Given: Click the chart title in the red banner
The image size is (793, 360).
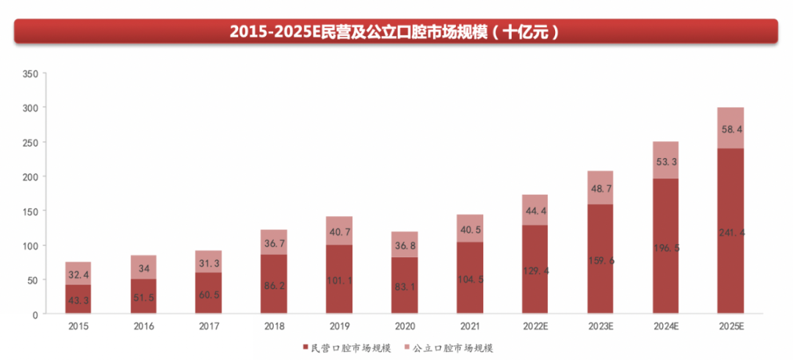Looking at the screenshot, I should (x=396, y=32).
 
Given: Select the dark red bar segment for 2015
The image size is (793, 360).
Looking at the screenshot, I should (x=78, y=299).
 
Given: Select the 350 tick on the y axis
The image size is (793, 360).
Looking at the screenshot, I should (x=30, y=74).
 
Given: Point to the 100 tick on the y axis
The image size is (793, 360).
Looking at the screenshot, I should (x=30, y=245).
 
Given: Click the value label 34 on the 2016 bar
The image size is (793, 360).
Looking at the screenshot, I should (x=143, y=269).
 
